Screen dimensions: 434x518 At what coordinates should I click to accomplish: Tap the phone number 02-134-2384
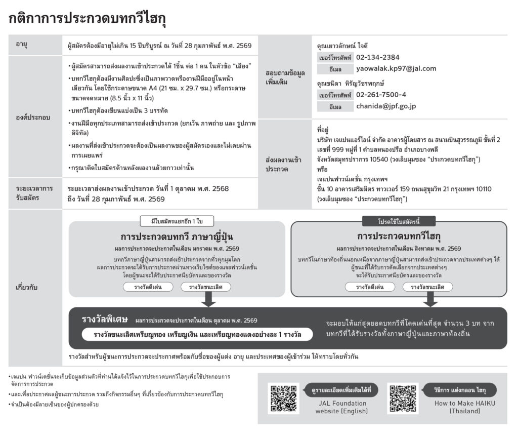pyautogui.click(x=377, y=57)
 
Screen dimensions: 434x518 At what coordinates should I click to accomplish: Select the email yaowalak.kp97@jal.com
pyautogui.click(x=396, y=68)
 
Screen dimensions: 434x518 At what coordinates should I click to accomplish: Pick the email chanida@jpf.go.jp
pyautogui.click(x=386, y=106)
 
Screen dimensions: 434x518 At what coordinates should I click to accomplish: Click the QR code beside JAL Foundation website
pyautogui.click(x=283, y=398)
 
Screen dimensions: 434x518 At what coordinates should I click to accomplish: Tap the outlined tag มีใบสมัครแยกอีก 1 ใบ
pyautogui.click(x=177, y=221)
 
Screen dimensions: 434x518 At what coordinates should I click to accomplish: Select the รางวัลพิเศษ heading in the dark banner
pyautogui.click(x=105, y=320)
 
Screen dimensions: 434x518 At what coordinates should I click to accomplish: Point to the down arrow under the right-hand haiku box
pyautogui.click(x=429, y=299)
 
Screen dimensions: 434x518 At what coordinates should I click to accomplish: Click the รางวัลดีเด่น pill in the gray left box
pyautogui.click(x=147, y=287)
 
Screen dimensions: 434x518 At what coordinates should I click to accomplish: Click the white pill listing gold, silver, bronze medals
pyautogui.click(x=197, y=334)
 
